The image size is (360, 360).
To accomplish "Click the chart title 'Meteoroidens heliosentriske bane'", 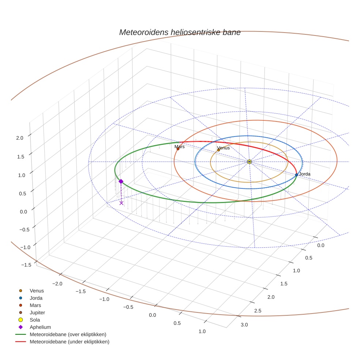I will (180, 32).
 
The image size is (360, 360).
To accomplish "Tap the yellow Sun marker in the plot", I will (249, 162).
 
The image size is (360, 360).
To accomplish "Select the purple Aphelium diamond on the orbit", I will (121, 181).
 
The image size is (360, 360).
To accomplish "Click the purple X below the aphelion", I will (121, 203).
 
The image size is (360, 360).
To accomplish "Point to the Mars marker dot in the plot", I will (178, 149).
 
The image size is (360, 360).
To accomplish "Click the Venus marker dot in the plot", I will (218, 150).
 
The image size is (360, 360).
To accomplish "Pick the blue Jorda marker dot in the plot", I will (296, 175).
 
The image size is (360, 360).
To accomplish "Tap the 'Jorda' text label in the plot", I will (304, 174).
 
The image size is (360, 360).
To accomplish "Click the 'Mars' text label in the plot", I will (179, 147).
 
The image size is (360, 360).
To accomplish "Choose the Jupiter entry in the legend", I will (37, 312).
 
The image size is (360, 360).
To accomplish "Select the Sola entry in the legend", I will (35, 320).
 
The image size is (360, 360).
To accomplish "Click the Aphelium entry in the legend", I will (40, 327).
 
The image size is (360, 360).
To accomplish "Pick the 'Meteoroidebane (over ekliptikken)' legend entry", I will (68, 334).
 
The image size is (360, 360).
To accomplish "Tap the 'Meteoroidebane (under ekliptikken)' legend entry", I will (70, 342).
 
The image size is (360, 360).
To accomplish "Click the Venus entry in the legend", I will (37, 290).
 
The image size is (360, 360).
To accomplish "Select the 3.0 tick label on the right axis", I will (244, 325).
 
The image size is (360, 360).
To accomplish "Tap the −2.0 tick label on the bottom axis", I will (57, 284).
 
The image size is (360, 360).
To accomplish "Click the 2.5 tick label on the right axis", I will (257, 311).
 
